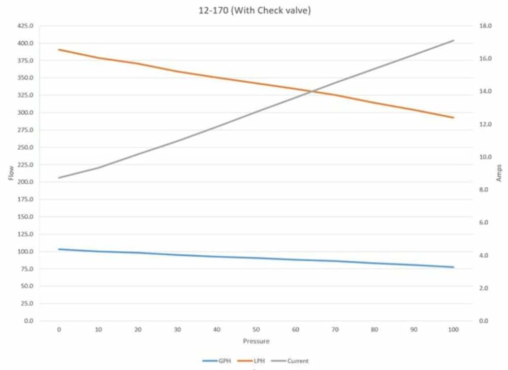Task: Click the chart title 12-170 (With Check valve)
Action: [254, 10]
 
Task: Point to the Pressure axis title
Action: [256, 341]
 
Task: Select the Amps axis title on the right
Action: [499, 173]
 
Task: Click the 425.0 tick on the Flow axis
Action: [25, 25]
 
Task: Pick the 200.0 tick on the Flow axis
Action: [25, 182]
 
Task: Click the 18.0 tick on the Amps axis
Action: [486, 25]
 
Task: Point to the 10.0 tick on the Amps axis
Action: [486, 157]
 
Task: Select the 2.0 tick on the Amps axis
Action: [485, 288]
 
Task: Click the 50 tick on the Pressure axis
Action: [256, 329]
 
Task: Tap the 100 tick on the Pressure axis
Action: [454, 329]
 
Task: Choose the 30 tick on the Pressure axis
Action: [177, 329]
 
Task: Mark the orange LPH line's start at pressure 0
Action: [59, 50]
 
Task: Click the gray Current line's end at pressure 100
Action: [454, 40]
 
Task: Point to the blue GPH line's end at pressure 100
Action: [454, 267]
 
